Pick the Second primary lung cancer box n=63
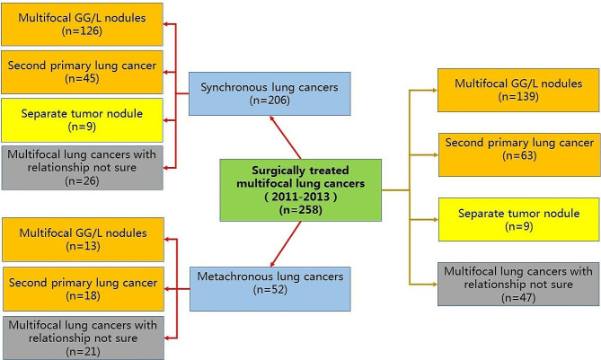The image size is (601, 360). [517, 151]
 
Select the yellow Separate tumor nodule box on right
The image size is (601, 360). [517, 220]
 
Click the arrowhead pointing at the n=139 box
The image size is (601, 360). [432, 90]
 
